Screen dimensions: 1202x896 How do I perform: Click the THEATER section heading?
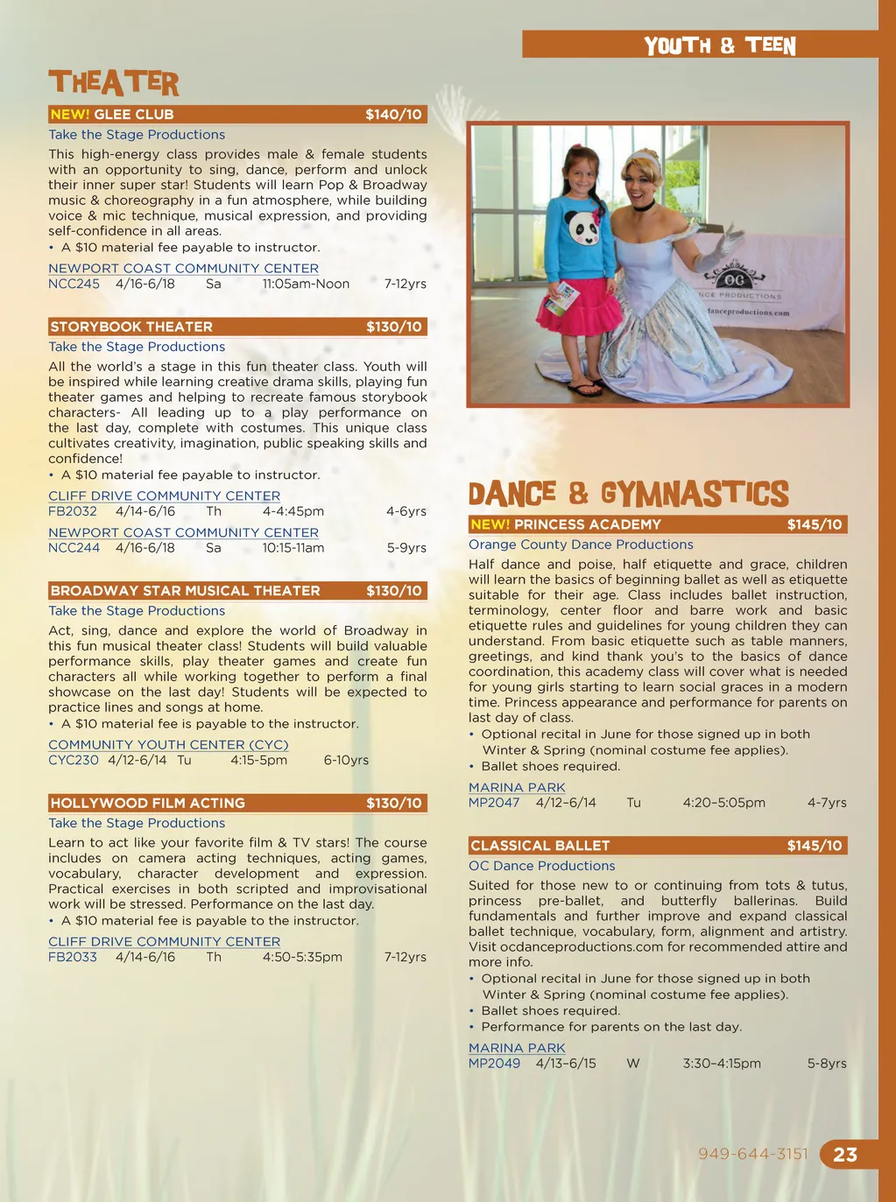(114, 83)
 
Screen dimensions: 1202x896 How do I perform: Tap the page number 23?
(845, 1155)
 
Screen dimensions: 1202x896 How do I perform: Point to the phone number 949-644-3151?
(753, 1154)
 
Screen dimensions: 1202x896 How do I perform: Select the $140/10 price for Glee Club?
(393, 115)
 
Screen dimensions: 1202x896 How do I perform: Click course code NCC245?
(74, 284)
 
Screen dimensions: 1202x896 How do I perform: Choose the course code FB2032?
(73, 511)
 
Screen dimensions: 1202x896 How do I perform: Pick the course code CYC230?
(74, 760)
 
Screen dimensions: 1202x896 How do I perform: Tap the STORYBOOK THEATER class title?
(131, 327)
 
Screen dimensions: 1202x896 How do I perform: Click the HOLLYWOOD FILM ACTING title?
(147, 803)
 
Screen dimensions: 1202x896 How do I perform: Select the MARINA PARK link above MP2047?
(517, 787)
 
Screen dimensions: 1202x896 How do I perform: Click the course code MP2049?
(494, 1063)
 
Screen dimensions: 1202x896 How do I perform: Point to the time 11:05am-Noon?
(306, 284)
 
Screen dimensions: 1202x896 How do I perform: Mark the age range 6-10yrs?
(346, 760)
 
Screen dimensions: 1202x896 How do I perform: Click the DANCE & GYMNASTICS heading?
(628, 494)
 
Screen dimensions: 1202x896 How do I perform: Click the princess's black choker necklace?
(646, 206)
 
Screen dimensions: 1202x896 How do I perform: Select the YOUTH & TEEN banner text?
(720, 46)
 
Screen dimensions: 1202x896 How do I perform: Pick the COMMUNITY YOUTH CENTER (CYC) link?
(168, 744)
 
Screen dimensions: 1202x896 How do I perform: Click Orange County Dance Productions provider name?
(581, 545)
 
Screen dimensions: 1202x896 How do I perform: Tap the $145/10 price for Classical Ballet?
(814, 846)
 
